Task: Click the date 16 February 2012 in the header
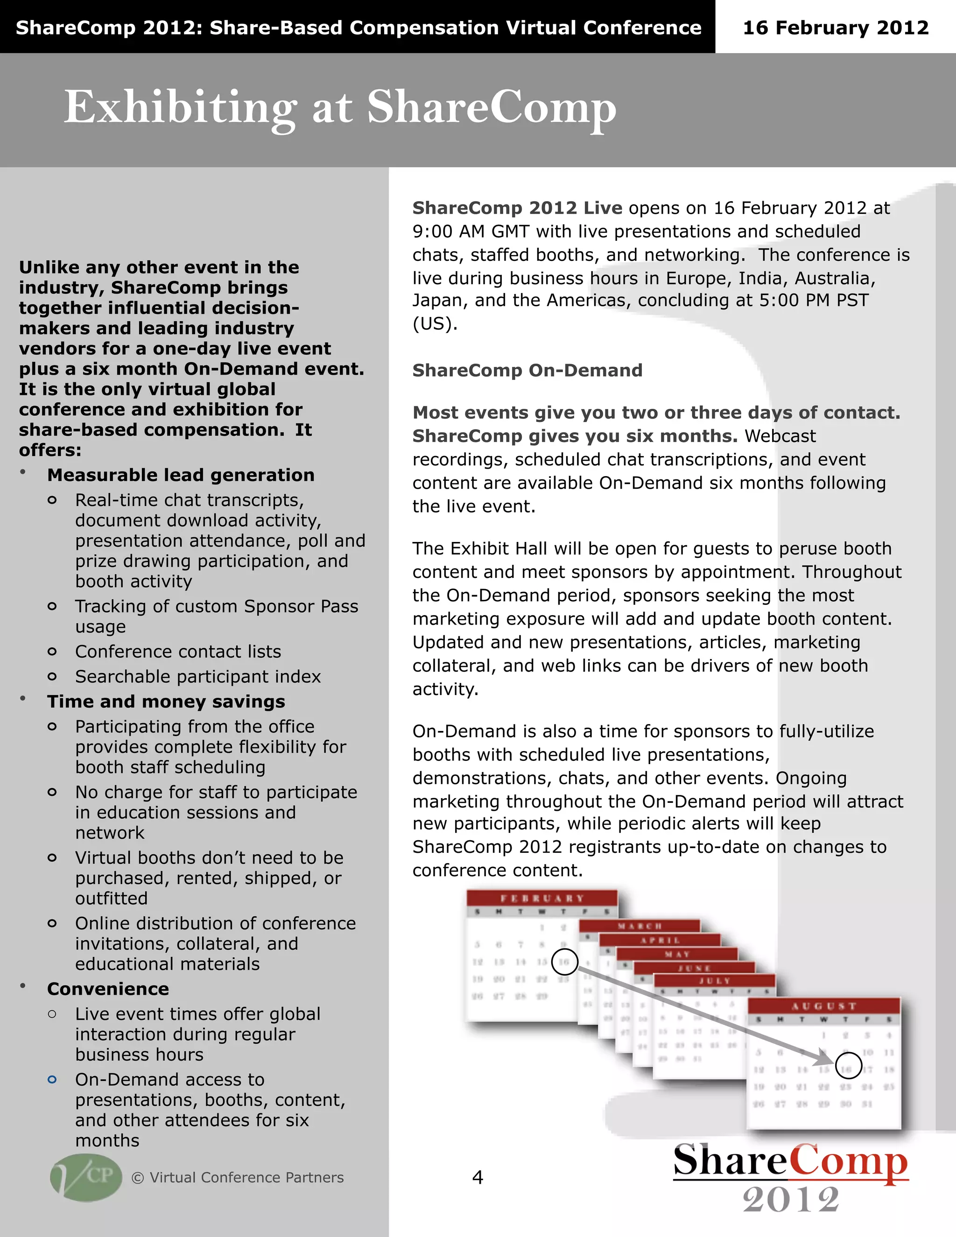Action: (836, 27)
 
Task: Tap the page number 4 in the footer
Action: (478, 1178)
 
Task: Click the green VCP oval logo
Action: (86, 1177)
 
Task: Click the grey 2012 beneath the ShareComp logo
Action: (791, 1200)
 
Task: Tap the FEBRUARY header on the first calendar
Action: (541, 898)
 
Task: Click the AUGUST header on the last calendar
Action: (823, 1006)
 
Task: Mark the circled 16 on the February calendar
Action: (564, 962)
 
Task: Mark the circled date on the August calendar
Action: (848, 1065)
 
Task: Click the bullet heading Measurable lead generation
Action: (181, 475)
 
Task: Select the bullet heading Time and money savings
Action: (166, 701)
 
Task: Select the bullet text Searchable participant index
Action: (197, 676)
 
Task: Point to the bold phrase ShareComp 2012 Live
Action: (517, 208)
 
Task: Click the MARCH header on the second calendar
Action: (640, 926)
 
